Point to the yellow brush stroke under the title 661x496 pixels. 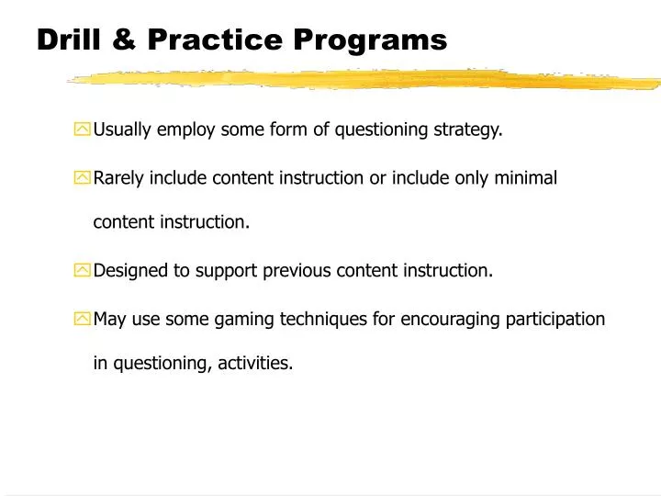tap(367, 80)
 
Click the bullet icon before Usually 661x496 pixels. tap(83, 130)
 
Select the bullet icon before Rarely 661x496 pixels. tap(83, 178)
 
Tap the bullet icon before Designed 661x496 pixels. tap(83, 271)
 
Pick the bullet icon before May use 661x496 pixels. tap(83, 320)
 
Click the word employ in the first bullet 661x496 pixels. tap(184, 130)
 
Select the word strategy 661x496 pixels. tap(467, 130)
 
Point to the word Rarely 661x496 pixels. tap(118, 177)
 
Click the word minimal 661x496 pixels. tap(526, 177)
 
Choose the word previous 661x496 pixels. tap(297, 270)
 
